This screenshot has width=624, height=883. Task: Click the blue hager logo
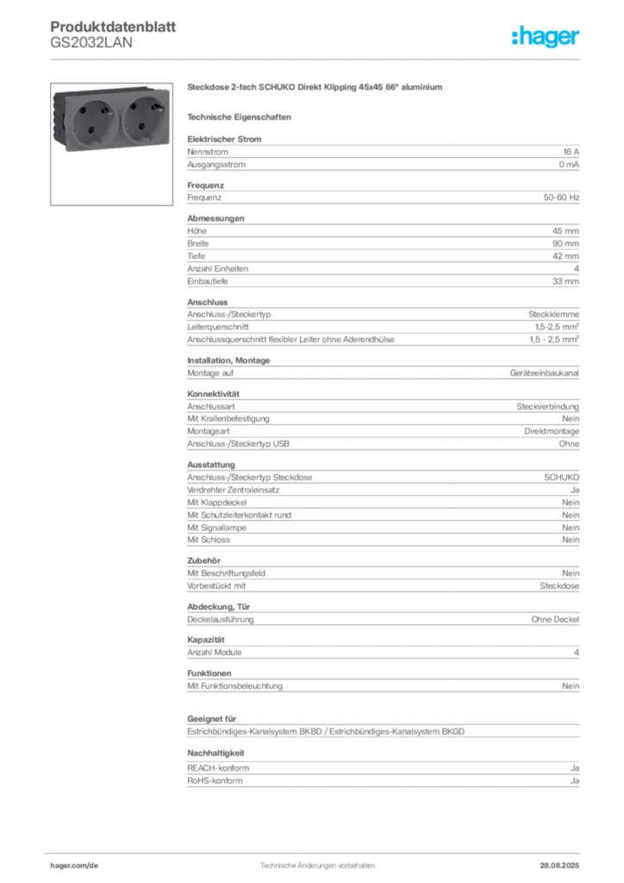[546, 37]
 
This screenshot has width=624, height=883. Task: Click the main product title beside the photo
[316, 88]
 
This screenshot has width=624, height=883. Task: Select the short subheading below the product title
[241, 116]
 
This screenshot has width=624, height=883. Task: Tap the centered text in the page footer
[317, 861]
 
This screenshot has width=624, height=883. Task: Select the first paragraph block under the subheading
[383, 153]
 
